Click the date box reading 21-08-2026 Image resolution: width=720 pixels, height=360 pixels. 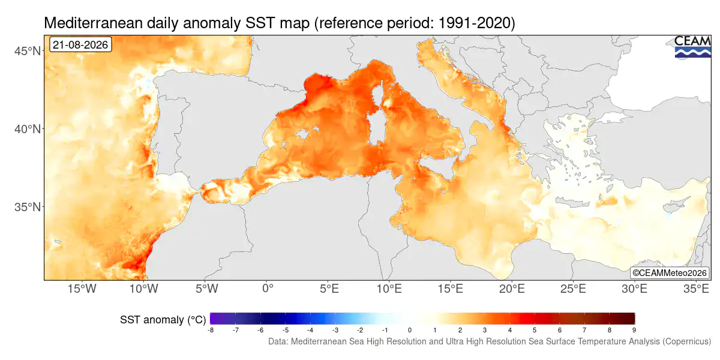coord(80,44)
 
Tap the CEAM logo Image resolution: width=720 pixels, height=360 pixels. coord(692,47)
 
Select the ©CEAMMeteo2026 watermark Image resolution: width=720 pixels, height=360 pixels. coord(669,273)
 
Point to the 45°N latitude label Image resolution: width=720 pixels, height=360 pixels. coord(28,51)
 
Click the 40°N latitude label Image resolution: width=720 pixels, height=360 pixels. coord(28,129)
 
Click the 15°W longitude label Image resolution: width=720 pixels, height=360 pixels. coord(82,289)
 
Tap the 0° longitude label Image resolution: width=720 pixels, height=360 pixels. coord(268,289)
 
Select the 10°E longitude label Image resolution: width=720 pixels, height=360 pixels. coord(389,289)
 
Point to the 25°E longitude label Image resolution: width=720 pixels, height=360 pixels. coord(573,289)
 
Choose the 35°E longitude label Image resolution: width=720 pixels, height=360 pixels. coord(696,289)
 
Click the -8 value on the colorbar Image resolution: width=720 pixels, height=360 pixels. coord(211,330)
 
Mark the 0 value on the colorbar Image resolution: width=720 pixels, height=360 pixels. coord(409,330)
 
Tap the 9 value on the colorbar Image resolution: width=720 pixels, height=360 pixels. coord(634,330)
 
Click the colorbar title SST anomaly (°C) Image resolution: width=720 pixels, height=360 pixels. coord(163,320)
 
